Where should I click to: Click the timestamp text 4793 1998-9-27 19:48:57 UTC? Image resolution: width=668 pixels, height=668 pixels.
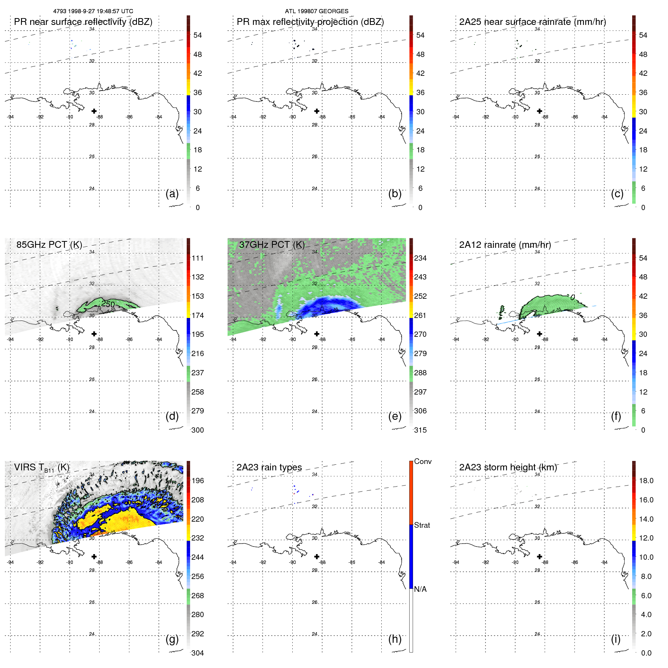point(93,11)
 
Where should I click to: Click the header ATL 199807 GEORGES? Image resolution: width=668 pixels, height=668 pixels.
point(316,11)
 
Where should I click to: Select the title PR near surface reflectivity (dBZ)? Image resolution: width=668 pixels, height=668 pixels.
point(83,22)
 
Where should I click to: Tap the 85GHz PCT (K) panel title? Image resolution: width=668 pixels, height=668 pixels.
point(49,245)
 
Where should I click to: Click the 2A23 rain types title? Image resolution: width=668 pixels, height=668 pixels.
point(269,467)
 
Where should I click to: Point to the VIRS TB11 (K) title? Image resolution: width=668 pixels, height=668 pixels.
point(41,468)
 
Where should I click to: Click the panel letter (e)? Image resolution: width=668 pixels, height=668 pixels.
point(395,416)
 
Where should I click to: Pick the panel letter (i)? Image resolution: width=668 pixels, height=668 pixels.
point(616,639)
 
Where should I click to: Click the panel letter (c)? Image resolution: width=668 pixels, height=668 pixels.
point(617,193)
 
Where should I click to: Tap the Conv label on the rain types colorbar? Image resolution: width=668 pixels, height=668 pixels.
point(422,461)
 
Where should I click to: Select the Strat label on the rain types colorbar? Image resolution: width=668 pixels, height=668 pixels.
point(422,525)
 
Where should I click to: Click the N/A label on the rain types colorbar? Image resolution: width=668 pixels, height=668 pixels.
point(420,589)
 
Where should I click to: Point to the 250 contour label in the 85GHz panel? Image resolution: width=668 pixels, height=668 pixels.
point(108,304)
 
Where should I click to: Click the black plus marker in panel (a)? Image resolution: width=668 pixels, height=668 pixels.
point(94,111)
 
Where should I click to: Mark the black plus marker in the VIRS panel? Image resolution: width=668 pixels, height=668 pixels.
point(94,556)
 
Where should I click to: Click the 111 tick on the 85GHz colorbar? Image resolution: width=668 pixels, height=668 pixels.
point(197,258)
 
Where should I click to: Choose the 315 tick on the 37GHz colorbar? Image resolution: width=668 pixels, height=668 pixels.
point(420,430)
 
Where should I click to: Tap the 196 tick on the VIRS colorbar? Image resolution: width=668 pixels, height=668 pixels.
point(197,481)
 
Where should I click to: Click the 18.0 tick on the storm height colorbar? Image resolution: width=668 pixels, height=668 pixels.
point(646,481)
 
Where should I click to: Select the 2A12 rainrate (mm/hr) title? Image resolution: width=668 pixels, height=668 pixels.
point(505,245)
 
